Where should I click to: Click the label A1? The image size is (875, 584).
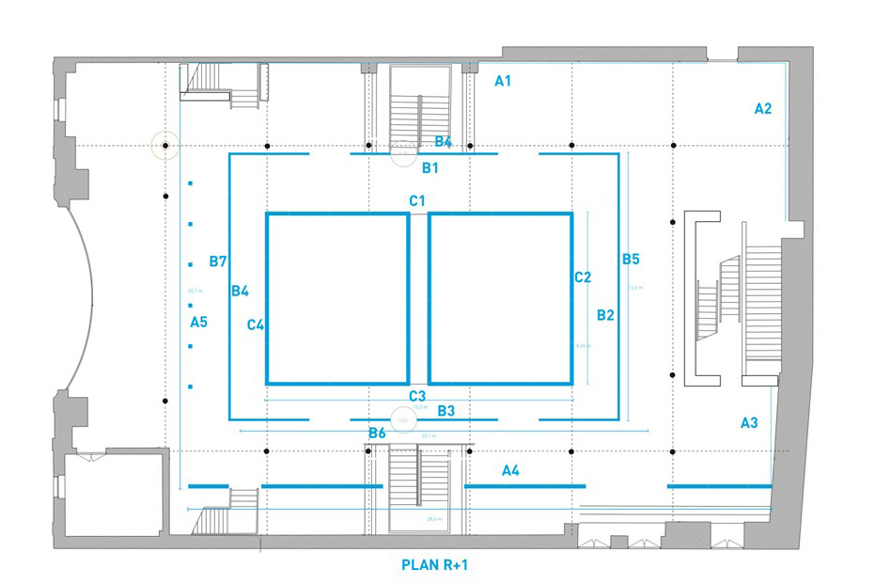click(503, 81)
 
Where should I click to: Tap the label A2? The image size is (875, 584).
click(763, 109)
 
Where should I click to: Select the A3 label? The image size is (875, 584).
click(749, 423)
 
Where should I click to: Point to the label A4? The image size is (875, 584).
click(510, 469)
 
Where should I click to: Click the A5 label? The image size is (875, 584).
click(198, 323)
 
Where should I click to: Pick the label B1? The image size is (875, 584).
click(430, 168)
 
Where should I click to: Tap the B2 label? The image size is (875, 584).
click(605, 315)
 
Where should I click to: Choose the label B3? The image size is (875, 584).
click(446, 411)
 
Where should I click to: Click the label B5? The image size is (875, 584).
click(631, 259)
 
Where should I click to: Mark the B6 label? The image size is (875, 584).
click(377, 433)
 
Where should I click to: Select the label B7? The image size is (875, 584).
click(218, 260)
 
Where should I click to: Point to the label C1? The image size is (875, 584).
click(417, 200)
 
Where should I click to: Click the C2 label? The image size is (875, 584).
click(583, 276)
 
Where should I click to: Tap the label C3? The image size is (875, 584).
click(417, 396)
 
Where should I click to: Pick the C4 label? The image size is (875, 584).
click(256, 325)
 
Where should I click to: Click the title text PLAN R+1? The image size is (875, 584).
click(434, 565)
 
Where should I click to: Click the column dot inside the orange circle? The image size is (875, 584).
click(165, 146)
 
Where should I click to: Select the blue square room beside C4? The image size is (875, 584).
click(337, 298)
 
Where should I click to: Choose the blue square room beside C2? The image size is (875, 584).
click(500, 298)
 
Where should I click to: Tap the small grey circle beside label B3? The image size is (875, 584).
click(402, 419)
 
